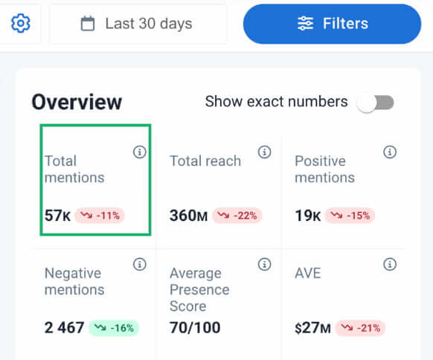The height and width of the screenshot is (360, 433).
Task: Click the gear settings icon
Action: pyautogui.click(x=20, y=24)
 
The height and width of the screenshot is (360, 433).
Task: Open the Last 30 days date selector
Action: pyautogui.click(x=138, y=24)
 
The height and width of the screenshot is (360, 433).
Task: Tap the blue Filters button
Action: pyautogui.click(x=332, y=24)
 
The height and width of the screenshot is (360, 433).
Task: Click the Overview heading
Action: pyautogui.click(x=77, y=103)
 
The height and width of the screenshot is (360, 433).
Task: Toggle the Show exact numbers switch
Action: pyautogui.click(x=374, y=103)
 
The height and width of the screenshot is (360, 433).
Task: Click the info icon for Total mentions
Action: pyautogui.click(x=139, y=152)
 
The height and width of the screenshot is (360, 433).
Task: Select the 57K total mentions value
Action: pyautogui.click(x=58, y=216)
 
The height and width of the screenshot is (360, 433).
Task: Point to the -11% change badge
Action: pyautogui.click(x=100, y=216)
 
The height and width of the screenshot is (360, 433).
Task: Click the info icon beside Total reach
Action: pyautogui.click(x=264, y=152)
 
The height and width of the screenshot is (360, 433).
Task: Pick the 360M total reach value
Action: pyautogui.click(x=189, y=216)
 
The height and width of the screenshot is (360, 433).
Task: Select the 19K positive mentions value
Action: pyautogui.click(x=308, y=216)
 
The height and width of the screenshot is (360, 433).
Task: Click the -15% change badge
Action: pyautogui.click(x=350, y=216)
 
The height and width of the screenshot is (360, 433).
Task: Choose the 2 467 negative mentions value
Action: pyautogui.click(x=64, y=328)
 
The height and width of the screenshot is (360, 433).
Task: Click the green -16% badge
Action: pyautogui.click(x=114, y=328)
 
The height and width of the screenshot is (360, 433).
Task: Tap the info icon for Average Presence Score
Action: pyautogui.click(x=264, y=265)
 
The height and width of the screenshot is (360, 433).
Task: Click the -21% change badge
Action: pyautogui.click(x=359, y=328)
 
